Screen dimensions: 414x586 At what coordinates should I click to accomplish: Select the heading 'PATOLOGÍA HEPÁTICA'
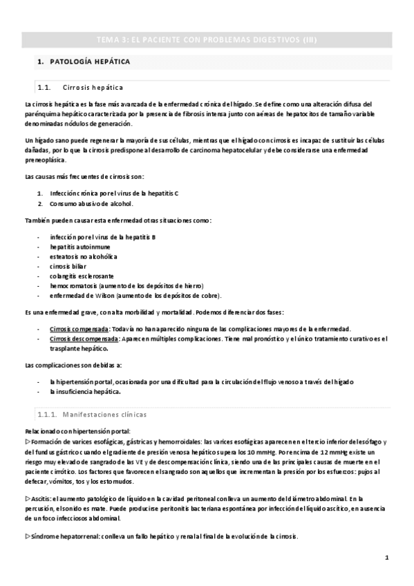click(x=90, y=62)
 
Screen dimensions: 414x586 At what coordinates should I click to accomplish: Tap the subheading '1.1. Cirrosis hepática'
click(x=93, y=88)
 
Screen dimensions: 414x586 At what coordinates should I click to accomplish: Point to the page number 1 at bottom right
click(x=387, y=558)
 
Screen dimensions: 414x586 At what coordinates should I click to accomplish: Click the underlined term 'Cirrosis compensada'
click(x=79, y=328)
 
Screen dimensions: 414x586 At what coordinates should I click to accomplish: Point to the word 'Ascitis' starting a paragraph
click(x=41, y=498)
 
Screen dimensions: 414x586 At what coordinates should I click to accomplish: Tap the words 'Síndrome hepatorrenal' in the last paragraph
click(x=64, y=536)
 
